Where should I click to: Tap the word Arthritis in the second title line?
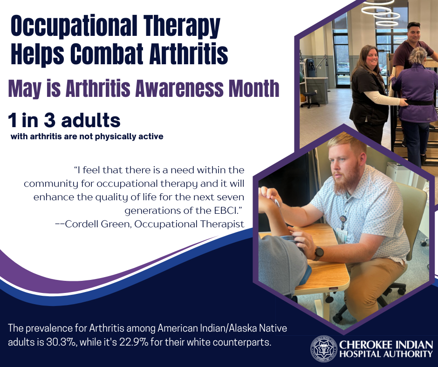(x=189, y=53)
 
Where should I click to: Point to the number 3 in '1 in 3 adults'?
(x=49, y=120)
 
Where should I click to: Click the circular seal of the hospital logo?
(x=324, y=349)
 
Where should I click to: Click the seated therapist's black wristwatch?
(x=319, y=253)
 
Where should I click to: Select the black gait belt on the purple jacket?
(x=418, y=102)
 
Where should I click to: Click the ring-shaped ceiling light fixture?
(x=381, y=13)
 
